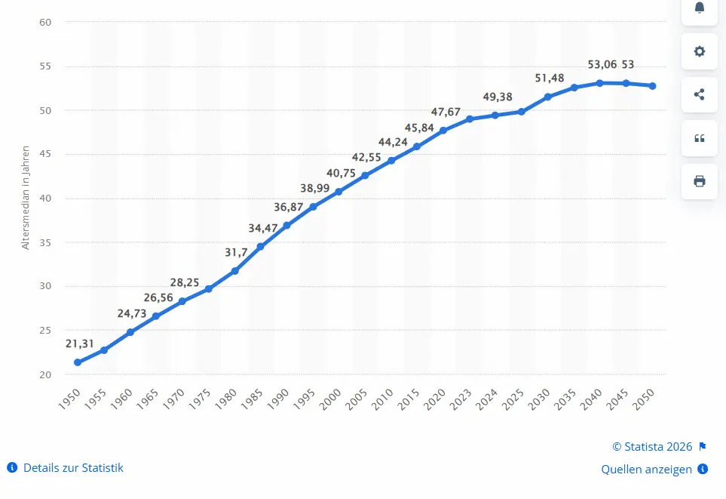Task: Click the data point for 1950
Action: click(78, 362)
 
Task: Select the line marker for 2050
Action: click(652, 86)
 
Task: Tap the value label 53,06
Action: click(602, 64)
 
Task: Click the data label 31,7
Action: click(236, 252)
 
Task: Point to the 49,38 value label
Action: click(498, 97)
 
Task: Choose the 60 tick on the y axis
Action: click(45, 22)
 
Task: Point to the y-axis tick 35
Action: click(45, 242)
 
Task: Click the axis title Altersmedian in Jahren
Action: click(26, 198)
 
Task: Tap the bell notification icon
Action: click(699, 8)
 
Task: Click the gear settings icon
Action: click(699, 51)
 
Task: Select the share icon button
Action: click(699, 94)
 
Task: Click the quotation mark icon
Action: click(699, 138)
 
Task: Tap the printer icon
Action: click(699, 181)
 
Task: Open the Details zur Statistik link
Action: click(73, 468)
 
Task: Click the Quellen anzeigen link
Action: click(646, 470)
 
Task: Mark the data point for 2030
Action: click(548, 97)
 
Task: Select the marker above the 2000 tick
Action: click(338, 192)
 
